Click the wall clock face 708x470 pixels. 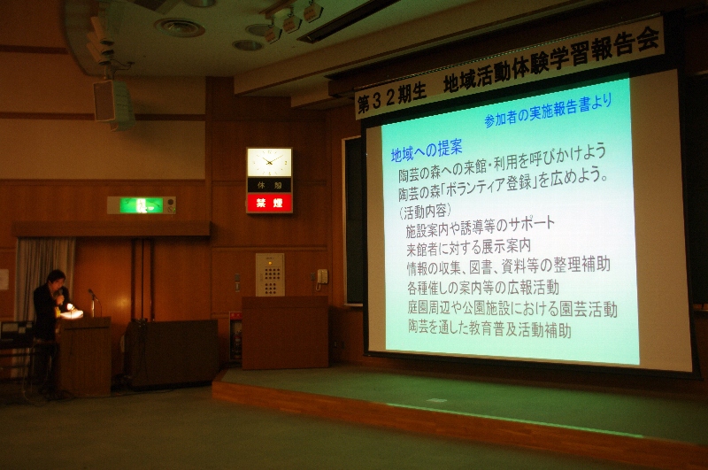coord(269,162)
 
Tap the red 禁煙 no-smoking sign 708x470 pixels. coord(270,204)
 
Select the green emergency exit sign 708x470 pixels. coord(142,205)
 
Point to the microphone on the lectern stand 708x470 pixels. coord(92,294)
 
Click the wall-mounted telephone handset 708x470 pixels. coord(322,277)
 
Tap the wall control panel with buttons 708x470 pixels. coord(270,274)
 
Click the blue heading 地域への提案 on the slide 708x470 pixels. coord(427,150)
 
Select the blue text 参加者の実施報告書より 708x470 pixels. coord(548,111)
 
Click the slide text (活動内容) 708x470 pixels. coord(425,212)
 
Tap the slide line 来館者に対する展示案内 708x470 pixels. coord(468,248)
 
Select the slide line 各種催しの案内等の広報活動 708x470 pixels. coord(482,287)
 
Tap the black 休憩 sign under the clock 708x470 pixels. coord(270,185)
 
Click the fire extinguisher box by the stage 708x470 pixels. coord(235,336)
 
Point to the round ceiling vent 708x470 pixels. coord(180,27)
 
